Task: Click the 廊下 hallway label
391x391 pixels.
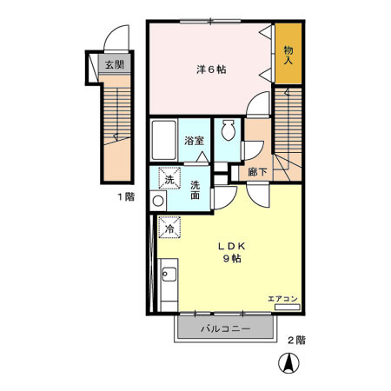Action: click(x=256, y=172)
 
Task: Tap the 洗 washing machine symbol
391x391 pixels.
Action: click(x=169, y=180)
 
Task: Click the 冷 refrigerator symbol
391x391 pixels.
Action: click(x=170, y=228)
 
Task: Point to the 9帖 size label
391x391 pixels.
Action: click(x=231, y=258)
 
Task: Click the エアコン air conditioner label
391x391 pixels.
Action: click(x=282, y=298)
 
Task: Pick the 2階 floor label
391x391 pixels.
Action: click(x=295, y=340)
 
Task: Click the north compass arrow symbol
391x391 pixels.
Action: click(x=284, y=364)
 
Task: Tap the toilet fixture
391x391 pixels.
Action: click(x=229, y=131)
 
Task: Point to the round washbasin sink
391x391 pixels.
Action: click(x=157, y=201)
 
